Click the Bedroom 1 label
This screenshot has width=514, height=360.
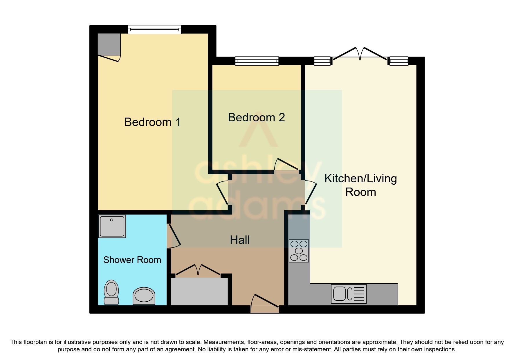pyautogui.click(x=152, y=122)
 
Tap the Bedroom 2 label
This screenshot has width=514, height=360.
pyautogui.click(x=256, y=118)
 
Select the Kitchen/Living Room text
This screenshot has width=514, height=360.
pyautogui.click(x=360, y=185)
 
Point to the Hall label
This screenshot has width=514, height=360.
pyautogui.click(x=240, y=240)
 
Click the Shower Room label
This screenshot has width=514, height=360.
pyautogui.click(x=132, y=260)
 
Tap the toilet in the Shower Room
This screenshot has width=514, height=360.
pyautogui.click(x=111, y=292)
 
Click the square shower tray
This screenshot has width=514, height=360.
pyautogui.click(x=112, y=226)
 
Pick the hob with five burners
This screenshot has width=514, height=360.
pyautogui.click(x=299, y=251)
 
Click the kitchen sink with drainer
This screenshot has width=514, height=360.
pyautogui.click(x=349, y=294)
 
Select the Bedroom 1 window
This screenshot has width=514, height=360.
pyautogui.click(x=154, y=29)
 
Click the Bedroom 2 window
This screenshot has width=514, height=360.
pyautogui.click(x=257, y=61)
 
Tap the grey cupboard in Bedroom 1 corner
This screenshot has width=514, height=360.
pyautogui.click(x=109, y=44)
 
